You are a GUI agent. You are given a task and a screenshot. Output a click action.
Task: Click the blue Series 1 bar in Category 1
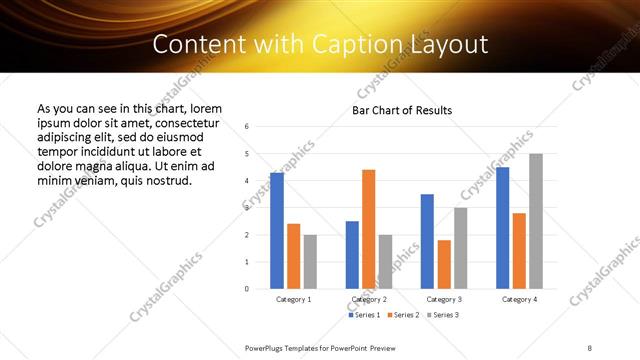(x=277, y=231)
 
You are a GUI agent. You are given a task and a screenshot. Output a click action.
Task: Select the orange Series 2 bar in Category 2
(x=368, y=229)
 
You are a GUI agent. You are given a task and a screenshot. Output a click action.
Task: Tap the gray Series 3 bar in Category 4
(x=536, y=221)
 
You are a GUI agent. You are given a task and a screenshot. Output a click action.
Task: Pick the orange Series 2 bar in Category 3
(x=444, y=264)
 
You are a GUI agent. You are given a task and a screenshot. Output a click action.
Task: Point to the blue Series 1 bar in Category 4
(x=503, y=228)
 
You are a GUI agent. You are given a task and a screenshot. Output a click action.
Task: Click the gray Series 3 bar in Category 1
(x=310, y=262)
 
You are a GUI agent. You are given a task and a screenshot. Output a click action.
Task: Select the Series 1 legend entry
(x=364, y=316)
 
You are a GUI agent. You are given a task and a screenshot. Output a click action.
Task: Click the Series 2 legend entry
(x=402, y=316)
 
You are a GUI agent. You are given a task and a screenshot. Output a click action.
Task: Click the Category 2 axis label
(x=368, y=299)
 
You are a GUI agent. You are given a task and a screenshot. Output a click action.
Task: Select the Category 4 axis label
(x=519, y=299)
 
